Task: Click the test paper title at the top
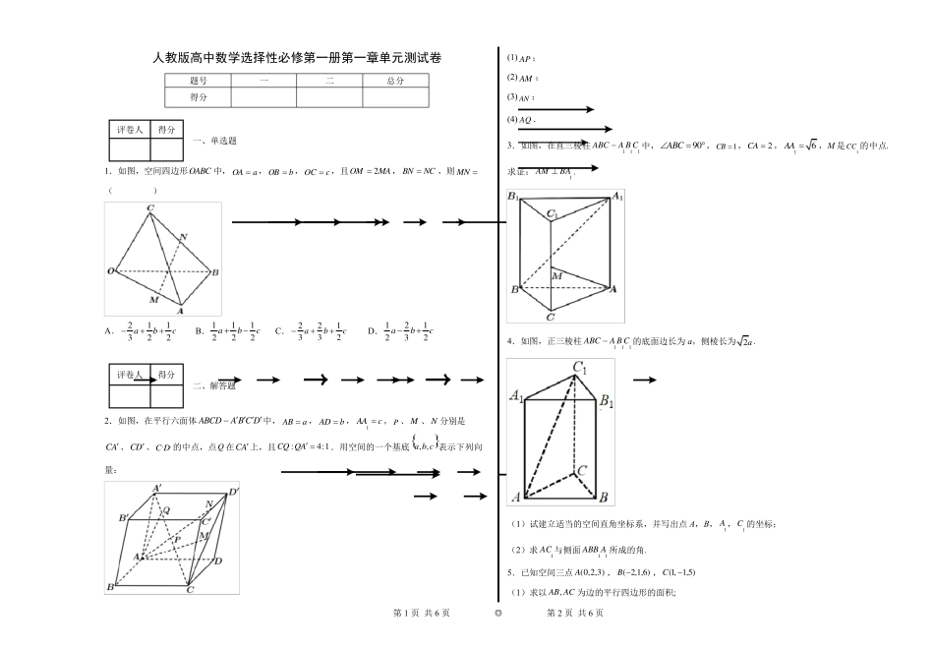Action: pyautogui.click(x=298, y=58)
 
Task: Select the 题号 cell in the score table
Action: pyautogui.click(x=198, y=82)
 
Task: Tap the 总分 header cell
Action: pyautogui.click(x=395, y=82)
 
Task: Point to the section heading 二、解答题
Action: pyautogui.click(x=215, y=386)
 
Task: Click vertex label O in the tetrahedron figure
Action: pyautogui.click(x=110, y=270)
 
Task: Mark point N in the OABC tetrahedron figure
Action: pyautogui.click(x=184, y=236)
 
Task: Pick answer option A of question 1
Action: pyautogui.click(x=141, y=331)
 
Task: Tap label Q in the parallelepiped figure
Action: pyautogui.click(x=166, y=510)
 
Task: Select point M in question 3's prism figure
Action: pyautogui.click(x=556, y=276)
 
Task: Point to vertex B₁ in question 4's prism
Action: pyautogui.click(x=607, y=401)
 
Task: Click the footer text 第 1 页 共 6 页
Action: pyautogui.click(x=421, y=614)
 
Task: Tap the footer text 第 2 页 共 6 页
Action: pyautogui.click(x=574, y=614)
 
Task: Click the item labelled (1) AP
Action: pyautogui.click(x=520, y=58)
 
